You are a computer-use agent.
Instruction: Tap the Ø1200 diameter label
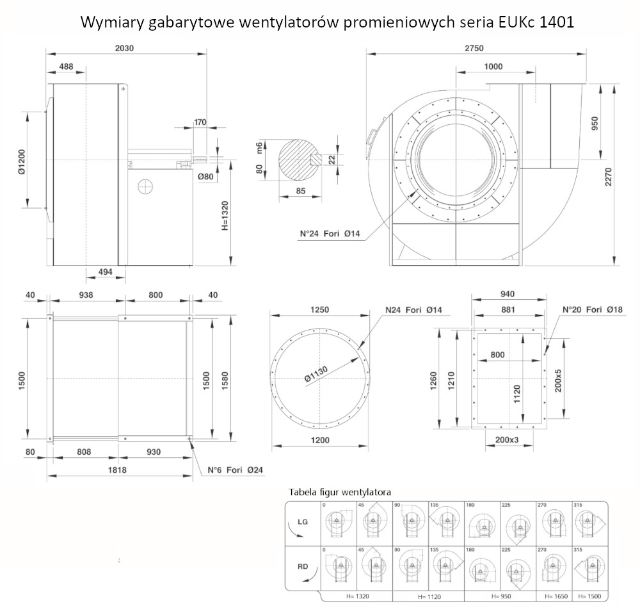pyautogui.click(x=20, y=160)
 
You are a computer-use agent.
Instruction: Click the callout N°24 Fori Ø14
pyautogui.click(x=331, y=234)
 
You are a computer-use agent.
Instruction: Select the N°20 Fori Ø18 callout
pyautogui.click(x=592, y=309)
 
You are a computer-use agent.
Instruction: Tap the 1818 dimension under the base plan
pyautogui.click(x=120, y=470)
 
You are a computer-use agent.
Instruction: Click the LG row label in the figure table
pyautogui.click(x=303, y=522)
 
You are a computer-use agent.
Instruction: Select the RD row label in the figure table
pyautogui.click(x=303, y=566)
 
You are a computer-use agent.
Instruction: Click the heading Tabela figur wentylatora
pyautogui.click(x=340, y=493)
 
